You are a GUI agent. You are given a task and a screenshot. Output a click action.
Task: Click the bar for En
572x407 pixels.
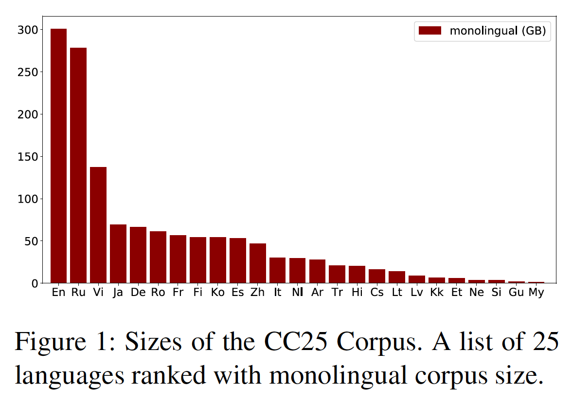[59, 156]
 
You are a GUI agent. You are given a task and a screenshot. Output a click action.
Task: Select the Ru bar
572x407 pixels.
[78, 166]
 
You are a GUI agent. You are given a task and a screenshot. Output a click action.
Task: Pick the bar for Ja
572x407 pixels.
[118, 254]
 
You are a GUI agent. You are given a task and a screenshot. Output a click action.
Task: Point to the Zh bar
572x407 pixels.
[258, 263]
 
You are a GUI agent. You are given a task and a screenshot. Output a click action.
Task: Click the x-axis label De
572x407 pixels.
[138, 293]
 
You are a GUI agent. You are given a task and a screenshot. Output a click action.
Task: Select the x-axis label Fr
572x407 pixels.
[178, 293]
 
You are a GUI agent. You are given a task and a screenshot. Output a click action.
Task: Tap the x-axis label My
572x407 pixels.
[536, 293]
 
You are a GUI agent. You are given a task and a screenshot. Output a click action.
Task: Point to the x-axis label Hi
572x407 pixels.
[357, 293]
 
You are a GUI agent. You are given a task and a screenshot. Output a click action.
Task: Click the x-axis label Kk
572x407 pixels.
[437, 293]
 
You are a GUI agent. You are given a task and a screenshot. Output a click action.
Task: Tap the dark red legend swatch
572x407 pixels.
[430, 31]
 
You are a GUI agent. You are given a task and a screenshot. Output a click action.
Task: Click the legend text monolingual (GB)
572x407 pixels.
[498, 31]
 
